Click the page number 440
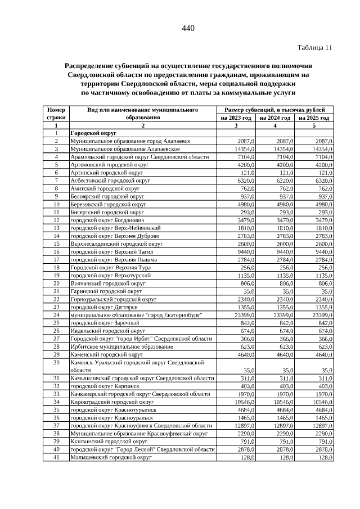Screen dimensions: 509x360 pyautogui.click(x=188, y=28)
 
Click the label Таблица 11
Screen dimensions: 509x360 pyautogui.click(x=315, y=48)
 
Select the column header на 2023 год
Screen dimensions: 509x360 pyautogui.click(x=236, y=118)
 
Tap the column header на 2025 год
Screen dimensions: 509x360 pyautogui.click(x=314, y=118)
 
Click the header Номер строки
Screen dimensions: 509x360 pyautogui.click(x=56, y=114)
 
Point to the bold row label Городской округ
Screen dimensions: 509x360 pyautogui.click(x=89, y=134)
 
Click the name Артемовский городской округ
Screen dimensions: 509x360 pyautogui.click(x=109, y=165)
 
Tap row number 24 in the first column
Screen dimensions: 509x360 pyautogui.click(x=56, y=316)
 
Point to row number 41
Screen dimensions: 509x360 pyautogui.click(x=56, y=458)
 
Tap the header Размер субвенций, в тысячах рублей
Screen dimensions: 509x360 pyautogui.click(x=275, y=110)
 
